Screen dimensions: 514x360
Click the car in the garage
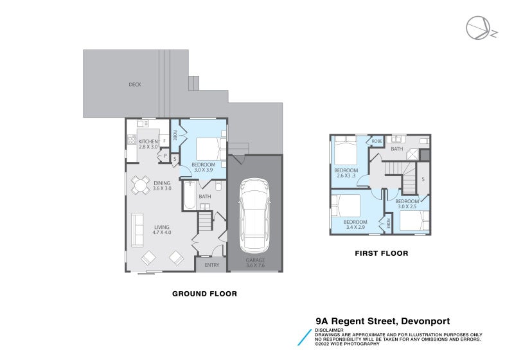[254, 215]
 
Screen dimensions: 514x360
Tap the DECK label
[135, 85]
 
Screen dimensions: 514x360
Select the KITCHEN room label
[148, 141]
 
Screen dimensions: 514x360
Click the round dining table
[141, 186]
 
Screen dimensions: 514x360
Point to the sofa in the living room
[137, 230]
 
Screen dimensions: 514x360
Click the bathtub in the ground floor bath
[190, 195]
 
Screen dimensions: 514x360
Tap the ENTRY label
[212, 265]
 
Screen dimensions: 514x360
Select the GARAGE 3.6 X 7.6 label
[255, 263]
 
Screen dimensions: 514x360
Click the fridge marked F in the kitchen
[164, 141]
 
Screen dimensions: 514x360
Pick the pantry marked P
[165, 156]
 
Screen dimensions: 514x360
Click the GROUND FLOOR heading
[204, 294]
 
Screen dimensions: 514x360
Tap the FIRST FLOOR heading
[382, 253]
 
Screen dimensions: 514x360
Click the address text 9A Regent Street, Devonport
[383, 321]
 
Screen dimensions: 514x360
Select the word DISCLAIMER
[330, 330]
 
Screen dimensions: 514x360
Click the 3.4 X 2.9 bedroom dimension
[355, 227]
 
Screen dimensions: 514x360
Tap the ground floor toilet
[219, 186]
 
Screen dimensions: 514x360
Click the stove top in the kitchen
[132, 140]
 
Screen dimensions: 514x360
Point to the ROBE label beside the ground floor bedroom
[175, 136]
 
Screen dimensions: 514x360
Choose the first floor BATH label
[397, 149]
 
